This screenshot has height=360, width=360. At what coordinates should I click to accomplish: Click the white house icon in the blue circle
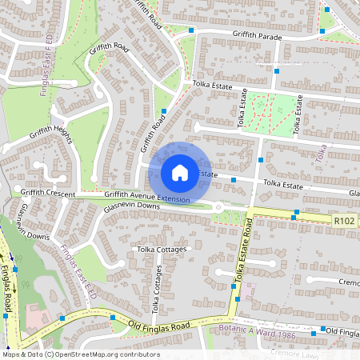click(180, 172)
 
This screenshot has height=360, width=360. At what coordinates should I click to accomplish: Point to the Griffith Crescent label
click(48, 194)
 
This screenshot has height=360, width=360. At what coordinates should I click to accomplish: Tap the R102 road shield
click(345, 219)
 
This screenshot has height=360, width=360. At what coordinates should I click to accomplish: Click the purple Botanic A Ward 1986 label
click(257, 330)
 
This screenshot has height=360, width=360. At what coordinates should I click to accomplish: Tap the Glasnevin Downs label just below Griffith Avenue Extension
click(131, 207)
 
